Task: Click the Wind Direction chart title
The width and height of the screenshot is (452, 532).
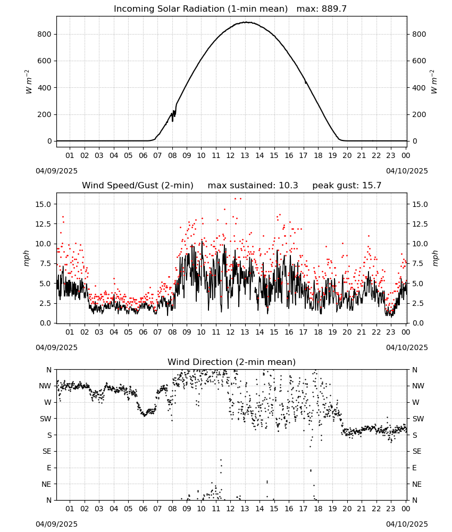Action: (232, 362)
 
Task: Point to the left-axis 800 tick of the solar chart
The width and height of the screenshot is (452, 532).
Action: (45, 34)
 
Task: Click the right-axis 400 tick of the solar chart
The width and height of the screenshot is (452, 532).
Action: (419, 88)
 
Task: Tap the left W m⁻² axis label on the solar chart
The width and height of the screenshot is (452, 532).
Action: (28, 82)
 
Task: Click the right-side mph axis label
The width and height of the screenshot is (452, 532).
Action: (435, 258)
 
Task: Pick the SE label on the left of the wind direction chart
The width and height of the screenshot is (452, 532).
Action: (47, 451)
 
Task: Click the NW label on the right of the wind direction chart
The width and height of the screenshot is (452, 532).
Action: (418, 386)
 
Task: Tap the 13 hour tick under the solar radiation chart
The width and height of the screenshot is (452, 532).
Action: (245, 155)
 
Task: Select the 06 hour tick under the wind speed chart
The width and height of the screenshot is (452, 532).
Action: (143, 332)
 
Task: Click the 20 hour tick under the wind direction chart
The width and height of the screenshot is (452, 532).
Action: (347, 509)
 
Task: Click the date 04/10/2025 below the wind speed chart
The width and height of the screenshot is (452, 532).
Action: (407, 347)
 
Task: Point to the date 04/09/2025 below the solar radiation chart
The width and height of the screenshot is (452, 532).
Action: (56, 171)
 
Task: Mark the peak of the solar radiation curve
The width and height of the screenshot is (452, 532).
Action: (247, 22)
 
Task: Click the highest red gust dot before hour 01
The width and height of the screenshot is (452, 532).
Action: (63, 217)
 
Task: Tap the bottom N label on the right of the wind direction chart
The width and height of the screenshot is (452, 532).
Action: (414, 500)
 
